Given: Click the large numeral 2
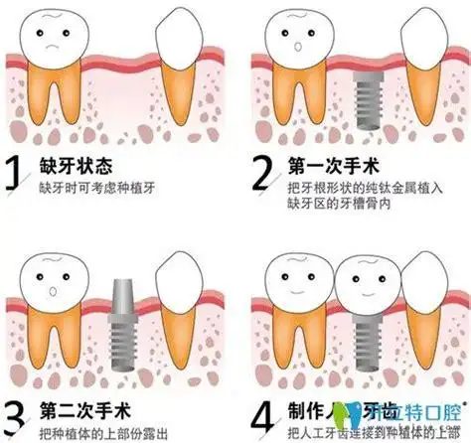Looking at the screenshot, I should tap(261, 175).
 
